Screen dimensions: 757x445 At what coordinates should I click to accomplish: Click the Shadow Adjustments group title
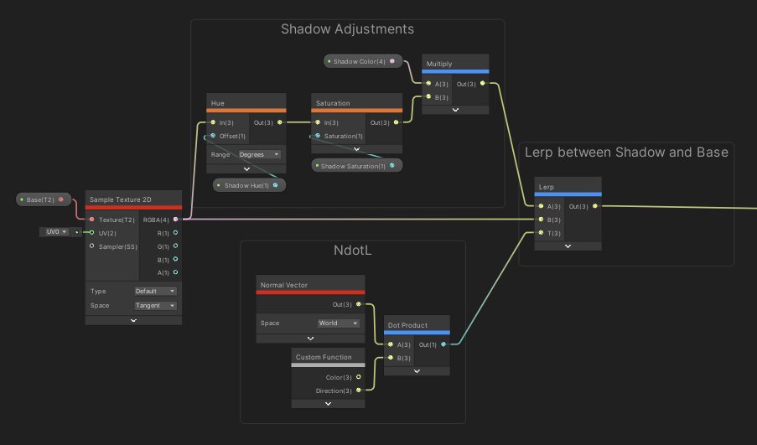pos(347,29)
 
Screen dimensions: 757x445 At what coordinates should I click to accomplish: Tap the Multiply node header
pos(455,65)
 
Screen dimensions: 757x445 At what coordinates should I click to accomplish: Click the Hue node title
pos(246,103)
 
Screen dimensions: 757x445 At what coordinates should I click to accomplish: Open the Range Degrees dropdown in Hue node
pos(259,154)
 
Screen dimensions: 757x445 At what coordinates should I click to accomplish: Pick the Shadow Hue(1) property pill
pos(248,185)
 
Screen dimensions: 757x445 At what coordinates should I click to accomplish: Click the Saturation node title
pos(356,103)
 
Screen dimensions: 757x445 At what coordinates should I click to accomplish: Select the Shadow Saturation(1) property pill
pos(356,166)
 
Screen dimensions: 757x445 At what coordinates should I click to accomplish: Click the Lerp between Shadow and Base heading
pos(625,152)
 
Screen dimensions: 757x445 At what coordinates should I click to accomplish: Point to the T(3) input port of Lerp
pos(542,233)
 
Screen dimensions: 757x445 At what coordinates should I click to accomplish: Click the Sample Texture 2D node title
pos(133,199)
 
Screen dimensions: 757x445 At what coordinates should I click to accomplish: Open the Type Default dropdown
pos(155,291)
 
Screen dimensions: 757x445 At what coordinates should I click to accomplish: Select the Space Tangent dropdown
pos(155,306)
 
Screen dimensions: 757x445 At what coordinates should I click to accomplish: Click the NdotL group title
pos(352,251)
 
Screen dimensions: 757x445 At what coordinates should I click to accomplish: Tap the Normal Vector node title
pos(309,285)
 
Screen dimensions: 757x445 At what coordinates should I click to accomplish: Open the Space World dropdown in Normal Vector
pos(339,323)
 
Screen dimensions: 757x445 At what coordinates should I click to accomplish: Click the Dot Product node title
pos(417,325)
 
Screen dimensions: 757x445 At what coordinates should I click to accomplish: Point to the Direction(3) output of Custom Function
pos(359,391)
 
